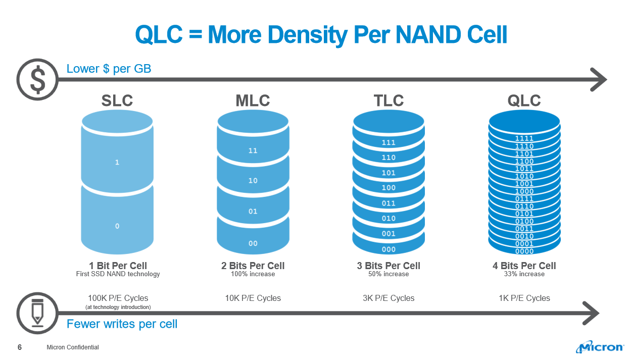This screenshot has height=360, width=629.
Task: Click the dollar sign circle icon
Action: [37, 79]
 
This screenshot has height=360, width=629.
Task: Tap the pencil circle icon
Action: [37, 314]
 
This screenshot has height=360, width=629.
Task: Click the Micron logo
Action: [600, 347]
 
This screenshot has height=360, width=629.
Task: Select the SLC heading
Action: [117, 100]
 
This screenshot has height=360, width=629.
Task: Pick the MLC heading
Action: [253, 100]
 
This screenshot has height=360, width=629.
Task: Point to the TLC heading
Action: [389, 100]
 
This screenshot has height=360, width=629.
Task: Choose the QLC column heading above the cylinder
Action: [524, 100]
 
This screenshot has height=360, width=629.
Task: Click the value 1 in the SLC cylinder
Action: [117, 163]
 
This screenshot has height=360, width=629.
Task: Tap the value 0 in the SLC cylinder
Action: [117, 226]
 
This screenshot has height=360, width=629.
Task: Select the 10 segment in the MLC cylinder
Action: [253, 180]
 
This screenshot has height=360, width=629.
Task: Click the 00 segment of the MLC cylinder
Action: [253, 243]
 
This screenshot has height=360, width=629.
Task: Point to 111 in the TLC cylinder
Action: [389, 143]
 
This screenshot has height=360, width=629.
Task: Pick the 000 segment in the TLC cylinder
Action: [389, 249]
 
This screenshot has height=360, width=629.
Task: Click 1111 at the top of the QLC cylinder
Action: [524, 138]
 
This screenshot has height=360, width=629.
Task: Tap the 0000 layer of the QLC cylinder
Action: [524, 251]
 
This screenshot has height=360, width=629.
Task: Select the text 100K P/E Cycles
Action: [118, 298]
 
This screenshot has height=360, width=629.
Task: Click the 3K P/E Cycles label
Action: [389, 298]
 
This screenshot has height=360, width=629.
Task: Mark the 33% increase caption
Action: [524, 274]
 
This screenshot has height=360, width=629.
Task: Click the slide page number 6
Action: [20, 347]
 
